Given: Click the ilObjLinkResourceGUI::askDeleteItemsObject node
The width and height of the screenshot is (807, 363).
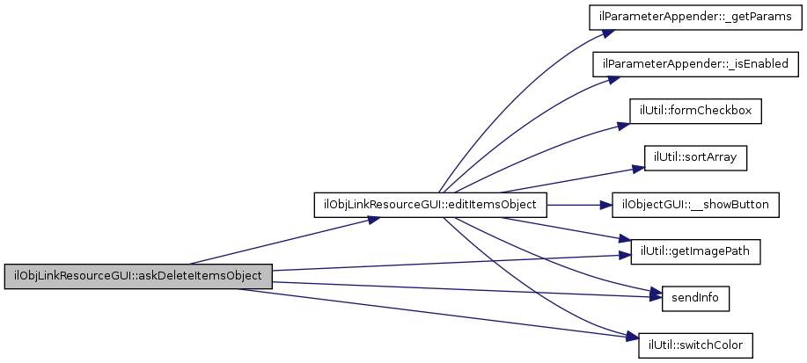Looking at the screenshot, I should click(138, 275).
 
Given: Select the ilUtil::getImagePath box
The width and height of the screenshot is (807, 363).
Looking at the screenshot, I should click(694, 251).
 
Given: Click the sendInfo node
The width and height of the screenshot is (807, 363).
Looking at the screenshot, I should click(694, 298).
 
